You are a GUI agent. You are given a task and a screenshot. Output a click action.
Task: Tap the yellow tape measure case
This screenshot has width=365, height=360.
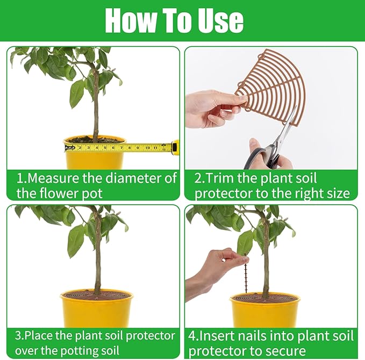coord(175,147)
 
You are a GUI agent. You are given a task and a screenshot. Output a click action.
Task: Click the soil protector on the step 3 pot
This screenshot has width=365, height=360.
coord(97,294)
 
